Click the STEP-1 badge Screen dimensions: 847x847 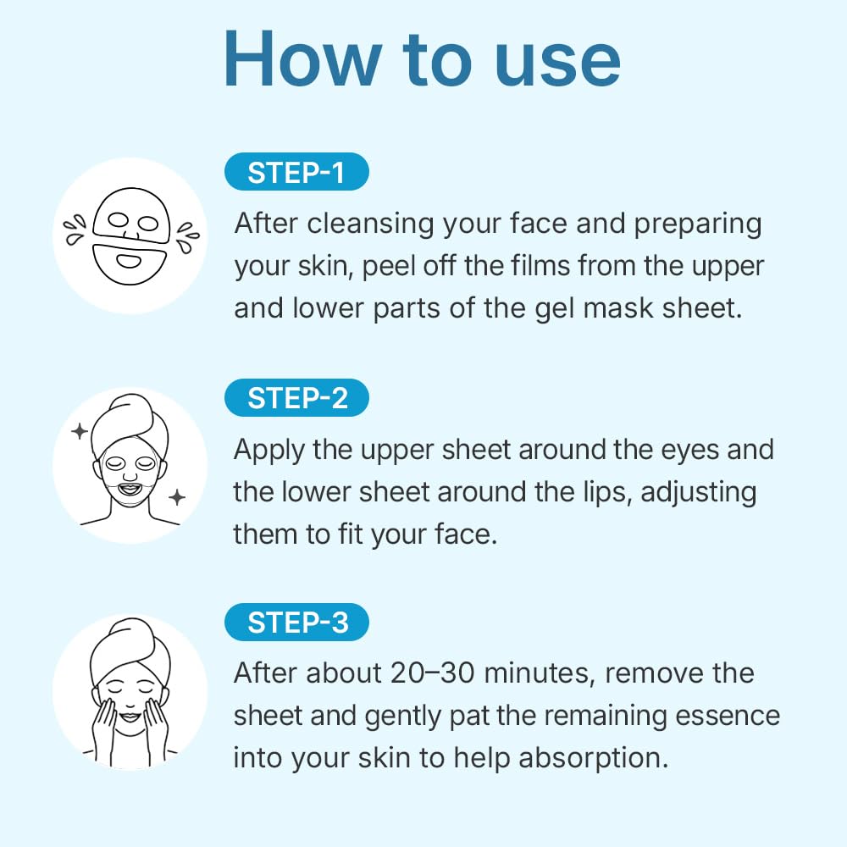click(x=296, y=173)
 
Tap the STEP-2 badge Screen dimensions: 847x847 click(x=297, y=398)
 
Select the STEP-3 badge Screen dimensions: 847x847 click(x=297, y=623)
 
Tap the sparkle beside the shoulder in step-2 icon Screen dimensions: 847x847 click(x=176, y=497)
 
